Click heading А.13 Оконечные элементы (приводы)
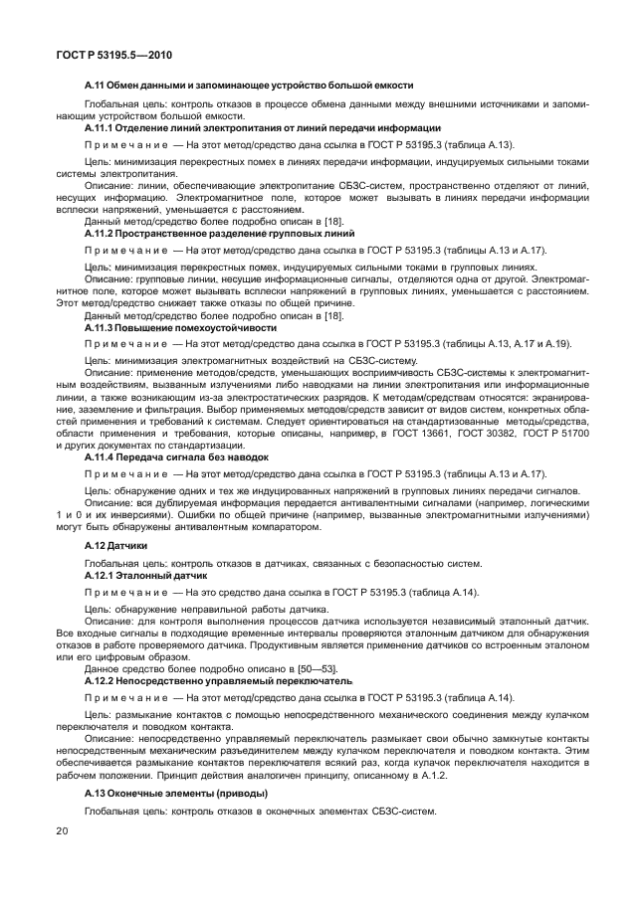(176, 793)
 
